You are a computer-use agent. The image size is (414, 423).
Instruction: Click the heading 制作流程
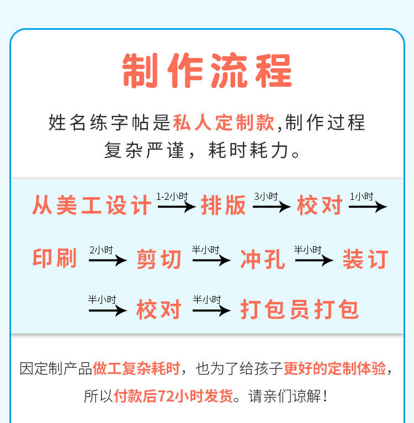point(207,71)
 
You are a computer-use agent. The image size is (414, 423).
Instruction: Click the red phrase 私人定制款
point(224,123)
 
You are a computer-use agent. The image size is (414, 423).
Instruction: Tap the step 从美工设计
point(92,205)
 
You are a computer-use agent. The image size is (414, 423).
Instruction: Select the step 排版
point(224,205)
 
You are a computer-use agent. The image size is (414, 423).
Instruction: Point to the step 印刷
point(55,258)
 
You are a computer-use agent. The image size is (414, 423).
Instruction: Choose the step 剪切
point(159,259)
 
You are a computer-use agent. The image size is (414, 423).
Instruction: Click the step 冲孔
point(262,259)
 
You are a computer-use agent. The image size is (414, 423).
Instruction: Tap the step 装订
point(365,259)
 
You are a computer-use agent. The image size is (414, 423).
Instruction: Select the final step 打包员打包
point(299,309)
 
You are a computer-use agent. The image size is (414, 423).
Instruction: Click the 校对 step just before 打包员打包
point(159,309)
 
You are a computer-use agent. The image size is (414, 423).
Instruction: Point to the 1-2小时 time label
point(172,197)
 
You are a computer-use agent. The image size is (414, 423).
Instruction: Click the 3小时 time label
point(266,197)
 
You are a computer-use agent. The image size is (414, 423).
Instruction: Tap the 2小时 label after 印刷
point(101,250)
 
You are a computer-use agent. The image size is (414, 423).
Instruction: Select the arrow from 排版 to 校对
point(272,207)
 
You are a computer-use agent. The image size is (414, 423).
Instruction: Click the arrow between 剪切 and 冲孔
point(212,260)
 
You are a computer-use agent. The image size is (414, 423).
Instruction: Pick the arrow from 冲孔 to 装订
point(315,260)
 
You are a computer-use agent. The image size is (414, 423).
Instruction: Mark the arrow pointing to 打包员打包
point(212,310)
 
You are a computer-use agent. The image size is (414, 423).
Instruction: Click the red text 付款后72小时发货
point(173,396)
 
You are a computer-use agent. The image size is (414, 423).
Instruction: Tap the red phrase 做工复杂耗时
point(136,368)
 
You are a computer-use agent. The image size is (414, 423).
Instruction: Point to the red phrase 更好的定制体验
point(335,368)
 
